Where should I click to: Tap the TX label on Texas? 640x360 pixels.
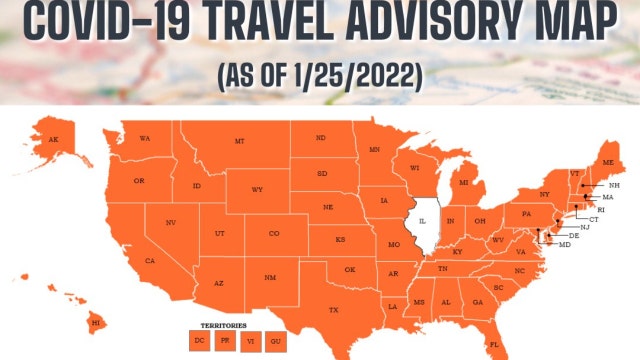[333, 311]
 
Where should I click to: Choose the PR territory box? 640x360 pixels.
[226, 342]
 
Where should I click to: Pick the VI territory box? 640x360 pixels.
[251, 342]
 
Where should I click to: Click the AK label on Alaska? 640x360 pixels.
[52, 140]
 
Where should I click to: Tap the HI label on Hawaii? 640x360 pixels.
[97, 323]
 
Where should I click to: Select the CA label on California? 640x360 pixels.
[150, 261]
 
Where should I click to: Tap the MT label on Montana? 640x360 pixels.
[240, 142]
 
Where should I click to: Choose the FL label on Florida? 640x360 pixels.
[493, 344]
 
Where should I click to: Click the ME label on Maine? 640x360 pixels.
[608, 162]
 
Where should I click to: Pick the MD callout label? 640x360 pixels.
[565, 245]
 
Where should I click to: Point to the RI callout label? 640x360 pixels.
[601, 209]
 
